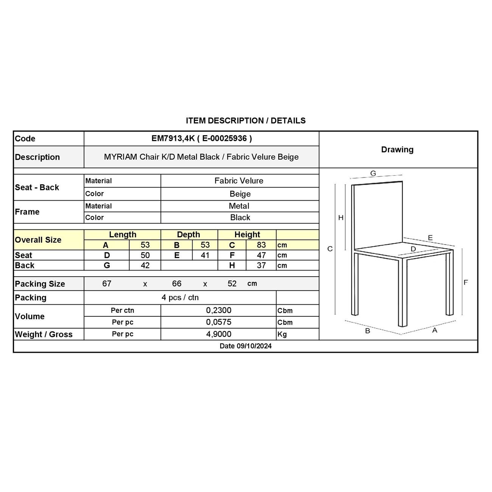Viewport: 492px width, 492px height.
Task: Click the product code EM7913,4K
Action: [173, 139]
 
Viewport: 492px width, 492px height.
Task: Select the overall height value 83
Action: [261, 245]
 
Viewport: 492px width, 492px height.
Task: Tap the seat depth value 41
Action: [205, 255]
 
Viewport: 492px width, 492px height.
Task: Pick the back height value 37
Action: [261, 266]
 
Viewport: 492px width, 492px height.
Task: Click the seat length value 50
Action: [145, 255]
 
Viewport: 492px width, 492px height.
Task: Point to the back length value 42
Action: [145, 266]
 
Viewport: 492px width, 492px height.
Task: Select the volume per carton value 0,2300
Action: [219, 310]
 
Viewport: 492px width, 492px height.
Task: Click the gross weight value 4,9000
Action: [219, 334]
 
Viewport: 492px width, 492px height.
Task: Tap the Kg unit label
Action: [282, 335]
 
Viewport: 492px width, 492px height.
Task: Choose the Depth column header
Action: [188, 235]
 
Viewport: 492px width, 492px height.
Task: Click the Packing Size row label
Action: [40, 284]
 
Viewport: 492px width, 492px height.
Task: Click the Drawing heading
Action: [397, 149]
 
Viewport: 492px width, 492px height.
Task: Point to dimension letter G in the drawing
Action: [373, 173]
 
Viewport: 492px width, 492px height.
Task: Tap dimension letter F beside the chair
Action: [466, 282]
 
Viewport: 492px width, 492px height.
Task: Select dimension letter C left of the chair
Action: [330, 249]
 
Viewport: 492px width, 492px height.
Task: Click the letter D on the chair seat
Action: [413, 249]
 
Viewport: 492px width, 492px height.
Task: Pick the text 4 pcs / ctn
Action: [180, 297]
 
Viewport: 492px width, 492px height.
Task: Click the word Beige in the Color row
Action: [240, 194]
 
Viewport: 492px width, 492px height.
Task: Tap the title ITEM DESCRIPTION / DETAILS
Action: [246, 121]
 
